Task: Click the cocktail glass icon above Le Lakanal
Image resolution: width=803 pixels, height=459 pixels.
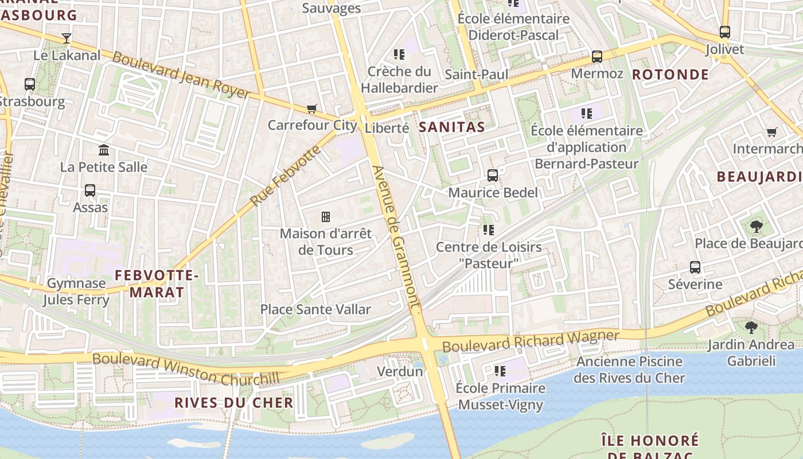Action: point(67,38)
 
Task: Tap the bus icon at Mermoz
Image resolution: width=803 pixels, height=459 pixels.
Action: point(597,57)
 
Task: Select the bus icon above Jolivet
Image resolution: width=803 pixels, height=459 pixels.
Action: point(725,32)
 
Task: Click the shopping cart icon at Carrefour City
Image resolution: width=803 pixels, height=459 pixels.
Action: point(312,108)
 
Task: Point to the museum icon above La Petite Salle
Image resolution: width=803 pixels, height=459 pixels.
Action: point(104,150)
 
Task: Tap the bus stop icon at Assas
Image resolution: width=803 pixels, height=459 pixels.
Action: point(90,190)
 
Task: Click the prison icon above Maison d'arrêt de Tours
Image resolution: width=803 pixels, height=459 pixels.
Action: point(326,217)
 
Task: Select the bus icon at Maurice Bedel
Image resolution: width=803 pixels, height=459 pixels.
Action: point(493,176)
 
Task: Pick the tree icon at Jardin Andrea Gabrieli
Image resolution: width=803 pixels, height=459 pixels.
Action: point(751,328)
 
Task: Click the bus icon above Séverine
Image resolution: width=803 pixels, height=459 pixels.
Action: point(695,267)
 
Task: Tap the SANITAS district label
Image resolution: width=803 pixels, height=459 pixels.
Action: point(452,127)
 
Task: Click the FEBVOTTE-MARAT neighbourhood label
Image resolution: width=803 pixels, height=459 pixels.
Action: point(157,284)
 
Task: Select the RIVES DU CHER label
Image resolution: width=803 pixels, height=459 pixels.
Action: point(234,403)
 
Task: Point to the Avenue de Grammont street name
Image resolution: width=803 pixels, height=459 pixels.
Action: point(396,240)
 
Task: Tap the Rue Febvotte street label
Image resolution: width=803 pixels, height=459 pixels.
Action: point(284,177)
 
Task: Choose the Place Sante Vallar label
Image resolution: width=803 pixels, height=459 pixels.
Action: point(315,309)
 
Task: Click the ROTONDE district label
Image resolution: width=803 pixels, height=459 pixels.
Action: point(671,75)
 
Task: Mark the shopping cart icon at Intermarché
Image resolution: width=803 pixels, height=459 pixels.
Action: point(772,133)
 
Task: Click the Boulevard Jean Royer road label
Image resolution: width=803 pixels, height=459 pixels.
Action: point(181,75)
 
